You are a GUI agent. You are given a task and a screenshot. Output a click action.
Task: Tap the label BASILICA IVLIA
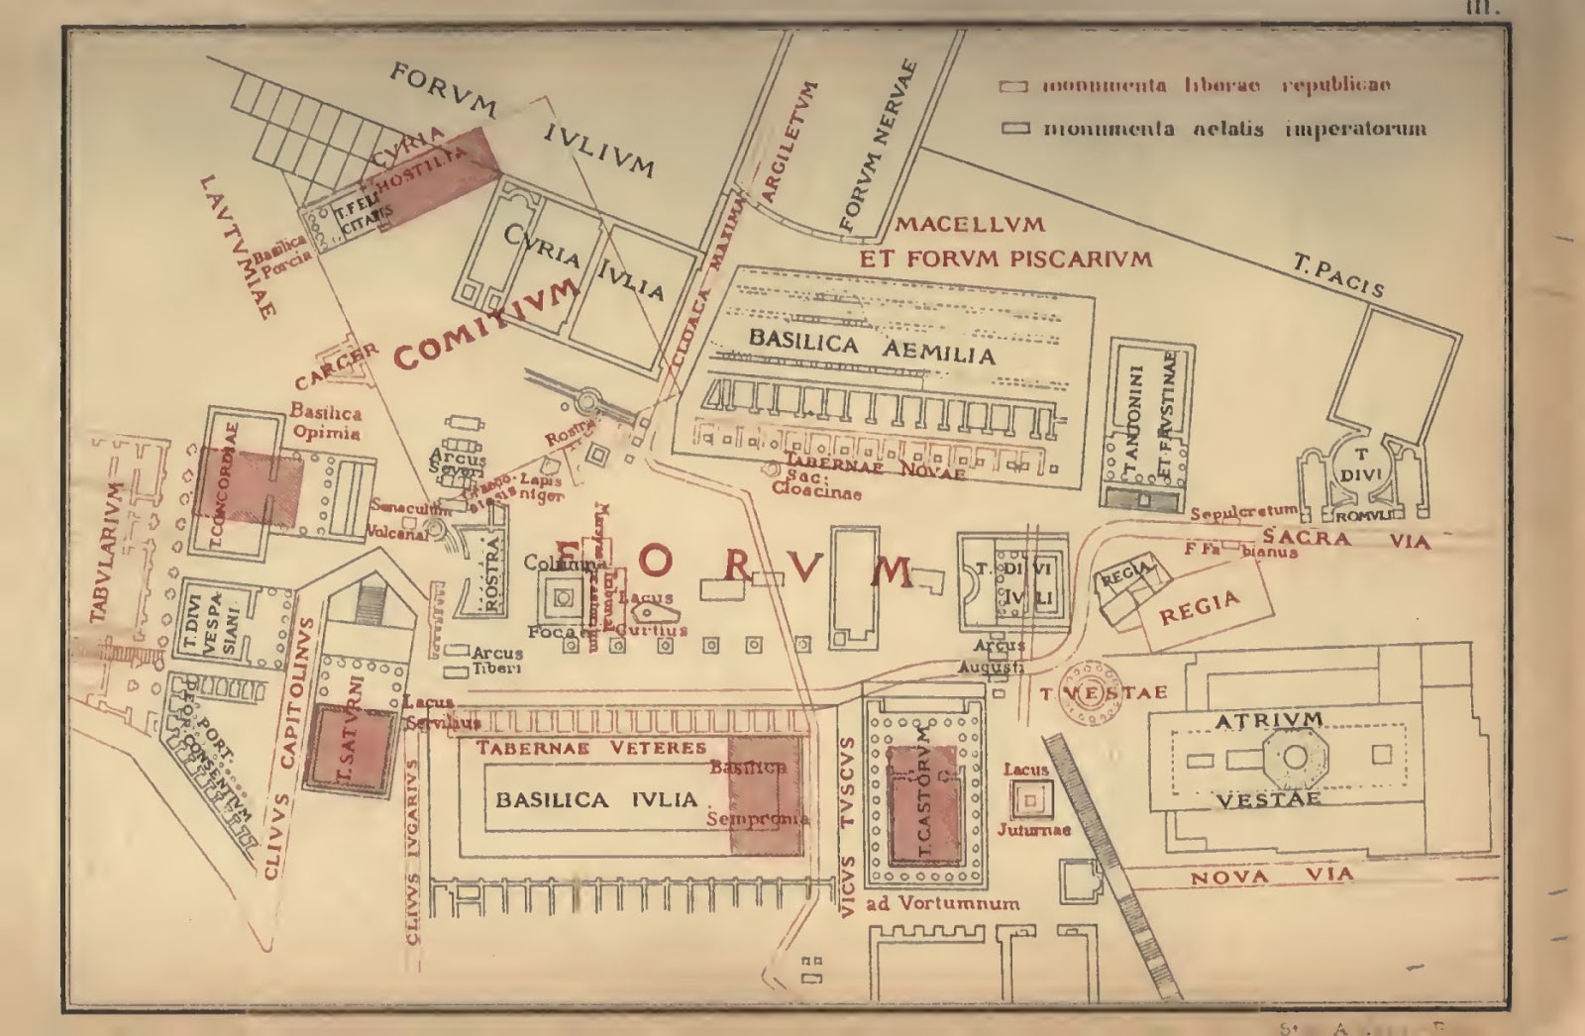click(x=596, y=799)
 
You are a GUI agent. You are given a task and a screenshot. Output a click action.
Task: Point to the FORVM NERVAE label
click(x=879, y=149)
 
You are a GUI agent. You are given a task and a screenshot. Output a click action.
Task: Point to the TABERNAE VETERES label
click(x=592, y=748)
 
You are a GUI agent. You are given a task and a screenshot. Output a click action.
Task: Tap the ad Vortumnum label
click(x=942, y=903)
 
